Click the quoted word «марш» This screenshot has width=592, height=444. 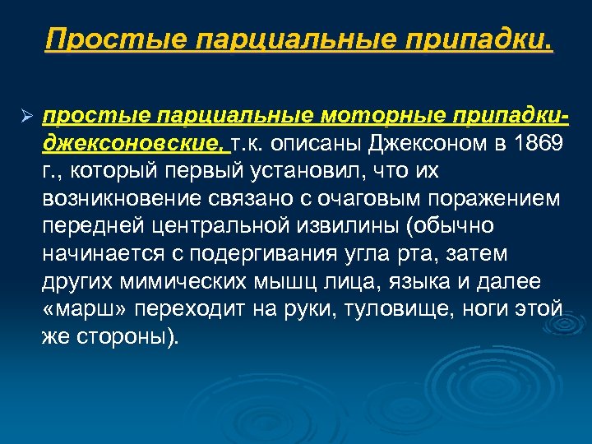click(x=80, y=308)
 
